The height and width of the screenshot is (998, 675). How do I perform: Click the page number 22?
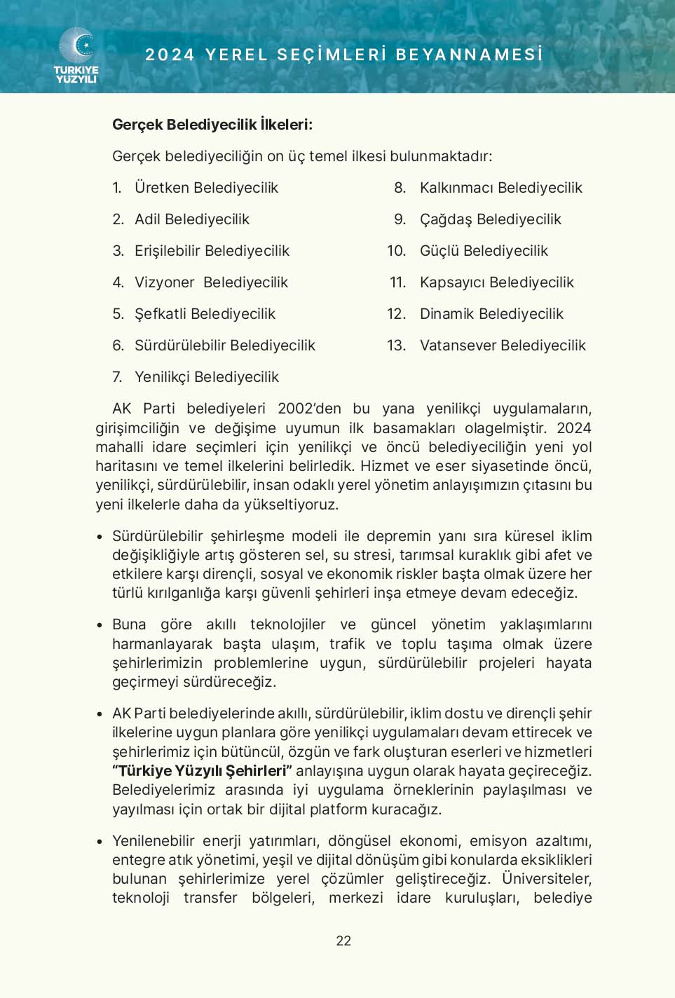[343, 941]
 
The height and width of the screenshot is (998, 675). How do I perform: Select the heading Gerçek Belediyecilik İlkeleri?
[212, 125]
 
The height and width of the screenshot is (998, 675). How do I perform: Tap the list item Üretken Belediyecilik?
[206, 188]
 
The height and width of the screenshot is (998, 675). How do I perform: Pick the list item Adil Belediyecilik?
[192, 219]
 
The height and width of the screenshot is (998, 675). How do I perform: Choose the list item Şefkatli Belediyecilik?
[205, 314]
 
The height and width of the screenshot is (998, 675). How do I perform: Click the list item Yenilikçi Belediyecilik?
[207, 377]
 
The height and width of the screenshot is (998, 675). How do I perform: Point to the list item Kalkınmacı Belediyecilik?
[500, 188]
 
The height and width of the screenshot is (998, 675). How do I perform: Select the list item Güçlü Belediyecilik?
[484, 251]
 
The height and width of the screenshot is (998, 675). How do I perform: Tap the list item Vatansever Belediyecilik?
[503, 346]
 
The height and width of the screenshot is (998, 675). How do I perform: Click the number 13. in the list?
[396, 346]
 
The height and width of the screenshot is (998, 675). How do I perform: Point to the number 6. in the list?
[118, 346]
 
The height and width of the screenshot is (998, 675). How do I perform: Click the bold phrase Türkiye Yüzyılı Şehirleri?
[203, 771]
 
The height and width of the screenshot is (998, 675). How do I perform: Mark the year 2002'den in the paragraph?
[309, 409]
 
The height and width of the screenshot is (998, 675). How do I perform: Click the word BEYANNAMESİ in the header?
[470, 55]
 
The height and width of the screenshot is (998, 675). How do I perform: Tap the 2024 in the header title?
[170, 55]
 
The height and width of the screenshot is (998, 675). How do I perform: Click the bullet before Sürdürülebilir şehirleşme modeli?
[100, 538]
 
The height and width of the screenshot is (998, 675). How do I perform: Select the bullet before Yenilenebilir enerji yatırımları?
[100, 842]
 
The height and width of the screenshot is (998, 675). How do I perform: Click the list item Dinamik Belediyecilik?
[491, 314]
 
